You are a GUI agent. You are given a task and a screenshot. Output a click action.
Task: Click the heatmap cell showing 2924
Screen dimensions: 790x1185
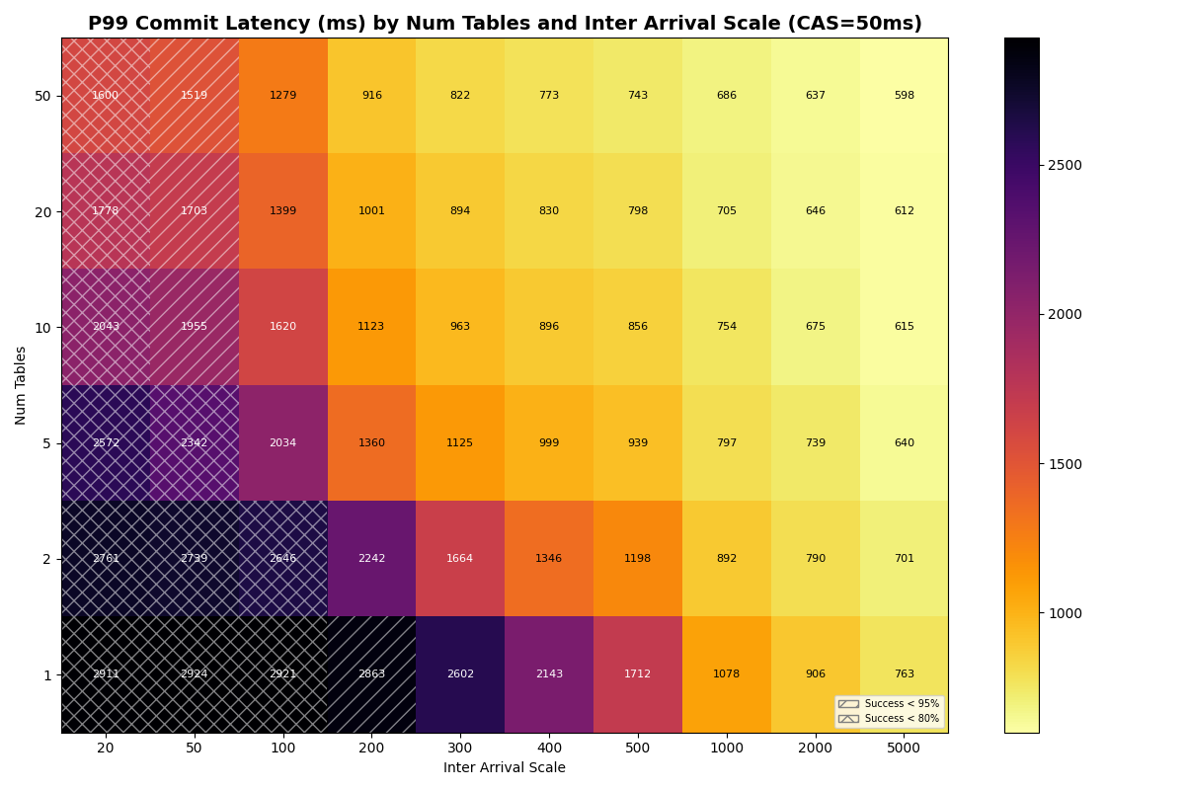pyautogui.click(x=194, y=674)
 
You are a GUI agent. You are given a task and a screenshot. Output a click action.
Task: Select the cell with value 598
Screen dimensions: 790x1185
pyautogui.click(x=904, y=96)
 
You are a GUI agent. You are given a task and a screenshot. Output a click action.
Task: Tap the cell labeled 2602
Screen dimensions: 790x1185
pyautogui.click(x=460, y=674)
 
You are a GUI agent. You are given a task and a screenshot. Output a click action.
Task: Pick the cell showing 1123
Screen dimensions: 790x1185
pyautogui.click(x=371, y=327)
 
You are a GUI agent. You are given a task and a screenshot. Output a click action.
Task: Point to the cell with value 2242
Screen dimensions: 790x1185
pyautogui.click(x=371, y=559)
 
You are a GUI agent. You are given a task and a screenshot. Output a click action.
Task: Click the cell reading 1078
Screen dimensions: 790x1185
pyautogui.click(x=726, y=674)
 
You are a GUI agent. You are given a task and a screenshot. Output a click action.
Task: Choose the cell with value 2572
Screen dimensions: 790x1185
pyautogui.click(x=106, y=443)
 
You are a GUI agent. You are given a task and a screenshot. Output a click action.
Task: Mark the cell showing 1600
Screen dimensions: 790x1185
pyautogui.click(x=106, y=96)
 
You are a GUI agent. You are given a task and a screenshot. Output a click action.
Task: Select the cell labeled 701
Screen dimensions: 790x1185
pyautogui.click(x=904, y=559)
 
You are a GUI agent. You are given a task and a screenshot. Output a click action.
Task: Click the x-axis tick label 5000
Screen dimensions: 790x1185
pyautogui.click(x=904, y=749)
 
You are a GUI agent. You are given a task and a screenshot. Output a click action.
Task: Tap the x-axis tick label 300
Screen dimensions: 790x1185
pyautogui.click(x=460, y=749)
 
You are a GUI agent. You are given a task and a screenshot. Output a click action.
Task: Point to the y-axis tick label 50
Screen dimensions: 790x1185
pyautogui.click(x=43, y=96)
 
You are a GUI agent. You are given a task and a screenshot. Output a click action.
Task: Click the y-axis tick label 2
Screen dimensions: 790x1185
pyautogui.click(x=46, y=559)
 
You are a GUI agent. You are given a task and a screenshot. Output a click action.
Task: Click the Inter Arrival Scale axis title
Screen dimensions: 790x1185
pyautogui.click(x=505, y=768)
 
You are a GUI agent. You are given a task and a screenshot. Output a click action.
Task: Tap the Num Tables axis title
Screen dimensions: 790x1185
pyautogui.click(x=22, y=385)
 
